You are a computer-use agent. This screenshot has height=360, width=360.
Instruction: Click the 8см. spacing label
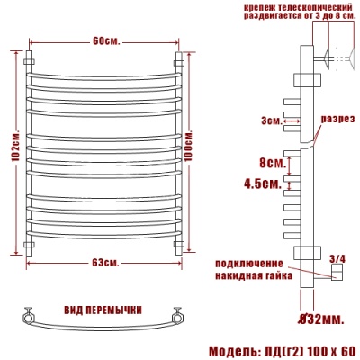coord(271,163)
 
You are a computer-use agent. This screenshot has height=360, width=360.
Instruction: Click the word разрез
coord(338,119)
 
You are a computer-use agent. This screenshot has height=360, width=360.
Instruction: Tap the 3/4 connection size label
coord(337,258)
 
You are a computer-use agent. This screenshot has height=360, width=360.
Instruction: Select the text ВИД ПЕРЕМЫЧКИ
coord(103,310)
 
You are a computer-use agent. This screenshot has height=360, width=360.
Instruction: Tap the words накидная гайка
coord(255,277)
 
